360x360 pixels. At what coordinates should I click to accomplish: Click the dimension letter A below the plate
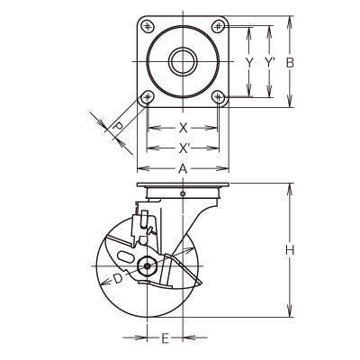point(183,169)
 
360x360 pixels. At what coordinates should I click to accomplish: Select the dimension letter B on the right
point(290,63)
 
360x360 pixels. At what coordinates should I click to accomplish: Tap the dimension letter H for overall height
point(290,250)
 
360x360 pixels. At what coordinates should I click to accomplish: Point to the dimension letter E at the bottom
point(165,338)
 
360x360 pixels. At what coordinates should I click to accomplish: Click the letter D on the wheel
point(118,279)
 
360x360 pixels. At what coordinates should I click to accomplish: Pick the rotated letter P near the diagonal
point(118,126)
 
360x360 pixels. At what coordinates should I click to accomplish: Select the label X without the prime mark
point(183,128)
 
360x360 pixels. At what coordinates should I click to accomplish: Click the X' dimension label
point(184,148)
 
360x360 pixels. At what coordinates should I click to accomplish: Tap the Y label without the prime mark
point(249,62)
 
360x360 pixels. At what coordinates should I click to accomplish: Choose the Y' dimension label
point(270,62)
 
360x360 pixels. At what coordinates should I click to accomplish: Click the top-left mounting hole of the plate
point(147,26)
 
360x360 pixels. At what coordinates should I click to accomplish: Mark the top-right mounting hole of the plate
point(218,26)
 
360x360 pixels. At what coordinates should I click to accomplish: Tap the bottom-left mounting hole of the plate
point(148,97)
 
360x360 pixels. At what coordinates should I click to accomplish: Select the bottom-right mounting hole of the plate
point(219,97)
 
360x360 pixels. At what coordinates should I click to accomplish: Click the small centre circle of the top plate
point(183,62)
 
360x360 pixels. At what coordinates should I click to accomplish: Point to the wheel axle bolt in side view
point(147,266)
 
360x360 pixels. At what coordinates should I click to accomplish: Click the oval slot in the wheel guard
point(125,257)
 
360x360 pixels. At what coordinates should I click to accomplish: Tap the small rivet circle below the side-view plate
point(183,193)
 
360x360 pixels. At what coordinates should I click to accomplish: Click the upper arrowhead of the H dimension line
point(290,188)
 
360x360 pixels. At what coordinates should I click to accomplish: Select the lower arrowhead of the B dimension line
point(290,102)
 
